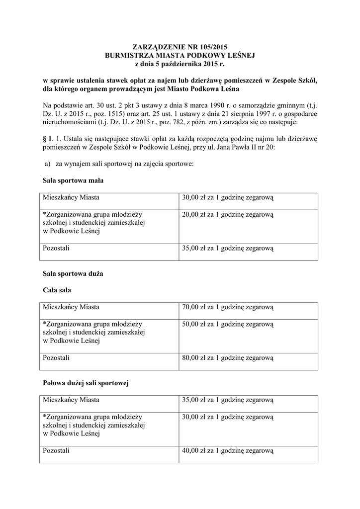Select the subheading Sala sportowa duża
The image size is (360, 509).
click(x=73, y=273)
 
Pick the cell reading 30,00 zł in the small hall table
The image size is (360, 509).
click(x=228, y=198)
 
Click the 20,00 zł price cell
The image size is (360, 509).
click(x=228, y=215)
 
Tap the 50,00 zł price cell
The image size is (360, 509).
click(x=228, y=324)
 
